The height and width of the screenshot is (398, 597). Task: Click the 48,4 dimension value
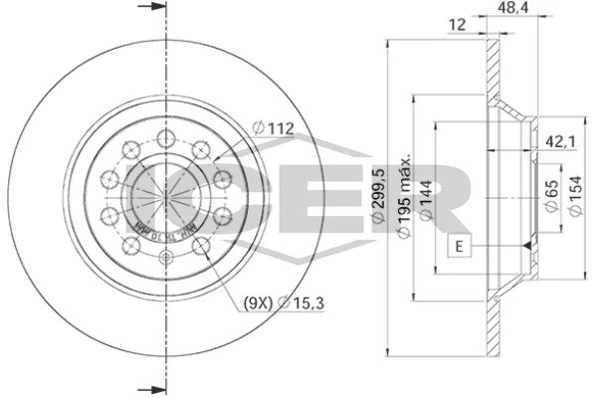(512, 9)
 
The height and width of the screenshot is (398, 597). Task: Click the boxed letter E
(460, 246)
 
